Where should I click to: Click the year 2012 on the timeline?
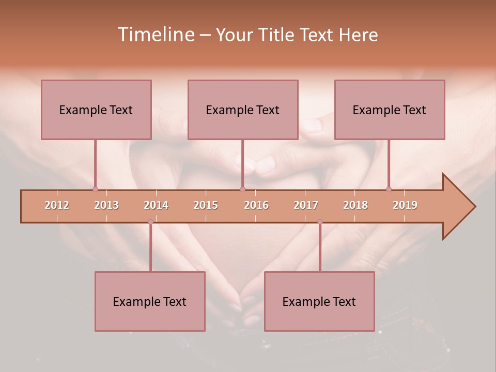coord(57,205)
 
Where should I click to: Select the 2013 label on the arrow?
coord(106,205)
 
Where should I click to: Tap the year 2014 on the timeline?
coord(156,205)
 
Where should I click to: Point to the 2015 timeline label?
coord(206,205)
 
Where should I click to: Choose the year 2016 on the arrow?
coord(256,205)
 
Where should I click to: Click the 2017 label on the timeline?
coord(306,205)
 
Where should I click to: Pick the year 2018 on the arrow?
coord(355,205)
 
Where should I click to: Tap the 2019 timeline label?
coord(405,205)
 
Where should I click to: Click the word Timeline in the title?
coord(155,35)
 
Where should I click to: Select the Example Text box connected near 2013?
coord(96,110)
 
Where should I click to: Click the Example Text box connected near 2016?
coord(243,110)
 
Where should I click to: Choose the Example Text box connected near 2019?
coord(390,110)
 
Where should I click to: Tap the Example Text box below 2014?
coord(150,301)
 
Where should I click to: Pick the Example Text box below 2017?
coord(319,301)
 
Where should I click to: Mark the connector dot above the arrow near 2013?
coord(95,189)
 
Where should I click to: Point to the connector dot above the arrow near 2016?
coord(242,189)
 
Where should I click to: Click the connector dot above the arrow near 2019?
coord(389,189)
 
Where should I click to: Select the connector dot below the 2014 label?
coord(150,222)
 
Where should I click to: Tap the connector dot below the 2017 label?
coord(320,222)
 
